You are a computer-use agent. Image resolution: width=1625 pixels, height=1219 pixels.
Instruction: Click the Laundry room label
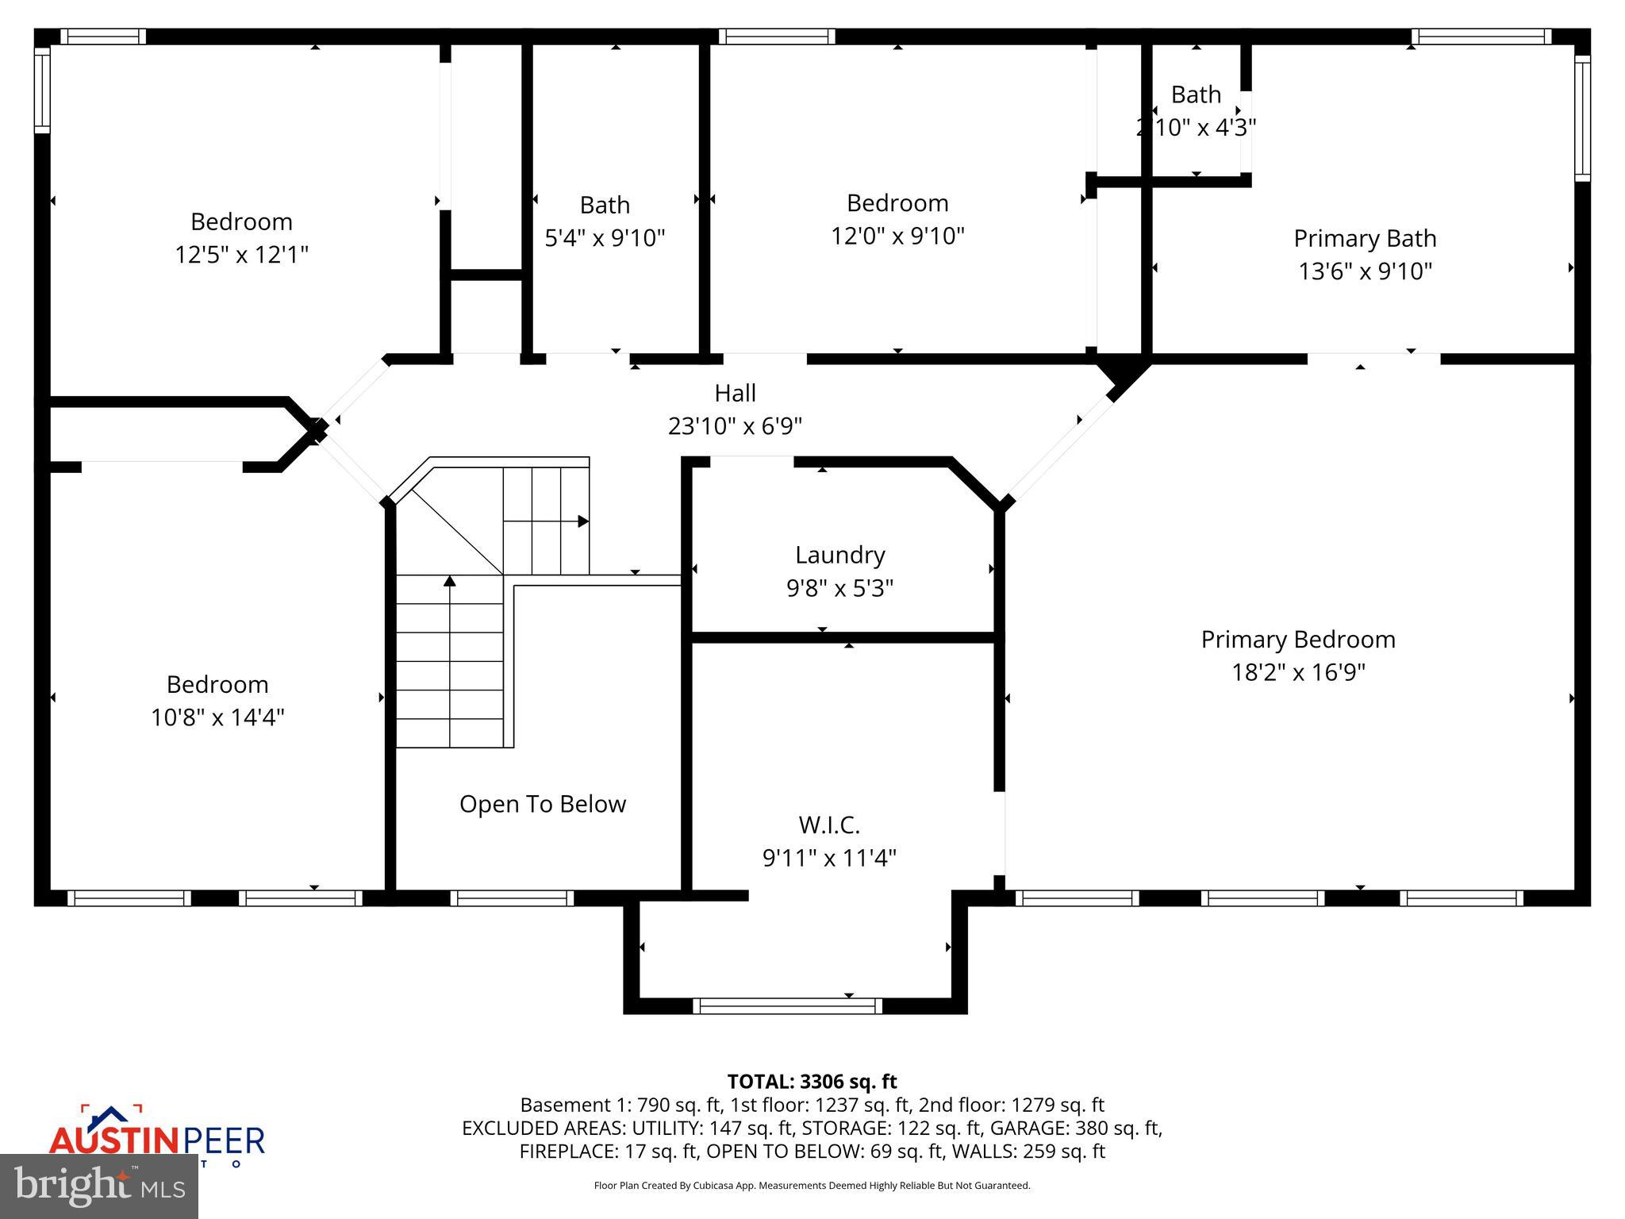click(x=839, y=555)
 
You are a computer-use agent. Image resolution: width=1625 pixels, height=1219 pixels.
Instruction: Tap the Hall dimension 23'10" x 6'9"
click(x=735, y=426)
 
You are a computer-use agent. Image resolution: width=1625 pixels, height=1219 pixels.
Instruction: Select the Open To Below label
click(x=543, y=804)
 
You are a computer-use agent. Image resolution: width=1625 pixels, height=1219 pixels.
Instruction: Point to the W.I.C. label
click(x=829, y=825)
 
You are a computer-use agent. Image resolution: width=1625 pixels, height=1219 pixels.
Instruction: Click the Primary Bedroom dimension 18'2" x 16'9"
click(x=1298, y=672)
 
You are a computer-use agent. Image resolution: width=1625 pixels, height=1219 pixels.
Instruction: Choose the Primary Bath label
click(x=1365, y=238)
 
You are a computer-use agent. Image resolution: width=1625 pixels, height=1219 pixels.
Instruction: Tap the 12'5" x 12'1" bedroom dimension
click(x=241, y=255)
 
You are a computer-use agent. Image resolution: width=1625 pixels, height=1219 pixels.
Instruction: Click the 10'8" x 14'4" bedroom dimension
click(x=217, y=717)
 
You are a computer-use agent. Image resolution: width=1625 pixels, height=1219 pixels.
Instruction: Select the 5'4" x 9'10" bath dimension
click(x=605, y=237)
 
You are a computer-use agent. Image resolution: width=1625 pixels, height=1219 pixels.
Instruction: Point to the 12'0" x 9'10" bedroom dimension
click(x=897, y=236)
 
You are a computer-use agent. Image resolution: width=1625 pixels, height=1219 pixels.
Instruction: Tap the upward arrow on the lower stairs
click(x=450, y=582)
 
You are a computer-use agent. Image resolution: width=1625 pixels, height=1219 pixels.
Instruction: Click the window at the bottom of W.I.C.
click(x=787, y=1006)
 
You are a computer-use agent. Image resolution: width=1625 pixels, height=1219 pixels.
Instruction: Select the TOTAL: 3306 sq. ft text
click(x=812, y=1082)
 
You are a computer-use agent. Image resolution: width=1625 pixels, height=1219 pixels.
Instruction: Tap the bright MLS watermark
click(x=99, y=1186)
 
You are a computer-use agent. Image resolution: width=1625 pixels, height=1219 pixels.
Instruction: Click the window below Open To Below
click(x=513, y=898)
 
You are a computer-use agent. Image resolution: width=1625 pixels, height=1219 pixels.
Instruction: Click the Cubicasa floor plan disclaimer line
click(x=812, y=1186)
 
